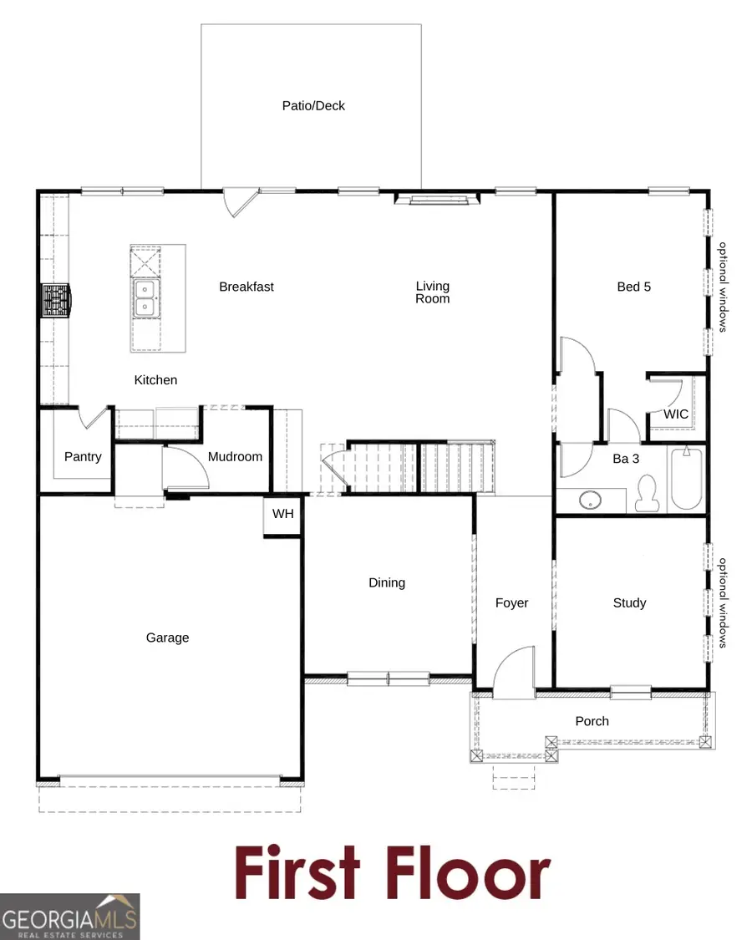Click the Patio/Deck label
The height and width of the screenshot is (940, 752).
pyautogui.click(x=313, y=106)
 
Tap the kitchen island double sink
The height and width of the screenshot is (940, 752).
pyautogui.click(x=146, y=298)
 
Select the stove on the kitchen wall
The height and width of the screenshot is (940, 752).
pyautogui.click(x=56, y=301)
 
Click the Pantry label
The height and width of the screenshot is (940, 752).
pyautogui.click(x=83, y=457)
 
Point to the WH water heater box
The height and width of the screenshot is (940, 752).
pyautogui.click(x=282, y=514)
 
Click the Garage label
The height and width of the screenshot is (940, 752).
pyautogui.click(x=167, y=638)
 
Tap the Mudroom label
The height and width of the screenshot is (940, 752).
pyautogui.click(x=235, y=457)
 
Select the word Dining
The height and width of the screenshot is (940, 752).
pyautogui.click(x=387, y=582)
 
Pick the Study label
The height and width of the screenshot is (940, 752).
pyautogui.click(x=629, y=602)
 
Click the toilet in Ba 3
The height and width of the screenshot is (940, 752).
pyautogui.click(x=647, y=494)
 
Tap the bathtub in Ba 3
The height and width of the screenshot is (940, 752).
pyautogui.click(x=688, y=480)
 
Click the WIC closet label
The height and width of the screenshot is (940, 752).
pyautogui.click(x=676, y=414)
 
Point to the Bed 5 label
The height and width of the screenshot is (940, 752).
pyautogui.click(x=633, y=287)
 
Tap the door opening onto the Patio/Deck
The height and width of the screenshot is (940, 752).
pyautogui.click(x=236, y=201)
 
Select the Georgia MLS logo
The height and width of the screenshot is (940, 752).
pyautogui.click(x=70, y=916)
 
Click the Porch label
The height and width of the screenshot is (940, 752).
pyautogui.click(x=592, y=721)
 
